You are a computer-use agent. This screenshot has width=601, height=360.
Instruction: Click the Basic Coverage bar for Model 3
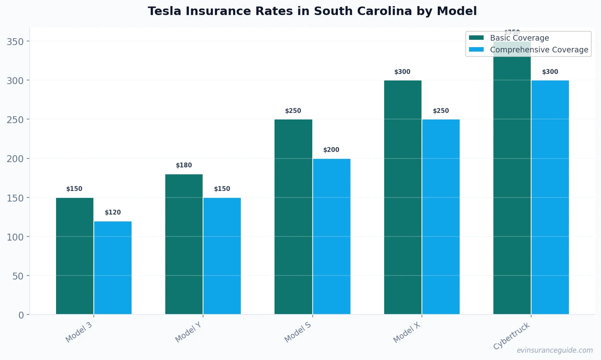(x=75, y=256)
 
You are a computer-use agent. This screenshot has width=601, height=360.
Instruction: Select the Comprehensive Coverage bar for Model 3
(x=113, y=268)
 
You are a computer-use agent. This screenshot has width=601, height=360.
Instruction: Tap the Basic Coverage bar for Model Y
(x=184, y=244)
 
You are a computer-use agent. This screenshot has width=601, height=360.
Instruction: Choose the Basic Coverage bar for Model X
(x=402, y=197)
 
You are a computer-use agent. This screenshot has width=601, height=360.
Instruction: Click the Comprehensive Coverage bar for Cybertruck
(x=550, y=197)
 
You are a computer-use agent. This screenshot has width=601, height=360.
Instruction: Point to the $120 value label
(x=113, y=213)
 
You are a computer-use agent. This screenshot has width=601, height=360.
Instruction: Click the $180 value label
(x=184, y=165)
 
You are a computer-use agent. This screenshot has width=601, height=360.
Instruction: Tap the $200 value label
(x=331, y=150)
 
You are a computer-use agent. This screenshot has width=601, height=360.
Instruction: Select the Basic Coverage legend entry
(x=519, y=38)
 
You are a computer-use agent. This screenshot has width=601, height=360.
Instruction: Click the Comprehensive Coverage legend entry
(x=539, y=50)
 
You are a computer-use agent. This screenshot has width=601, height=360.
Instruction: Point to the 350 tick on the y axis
(x=15, y=41)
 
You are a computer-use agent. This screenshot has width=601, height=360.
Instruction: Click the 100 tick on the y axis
(x=15, y=237)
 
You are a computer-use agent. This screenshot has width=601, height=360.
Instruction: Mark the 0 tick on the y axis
(x=21, y=315)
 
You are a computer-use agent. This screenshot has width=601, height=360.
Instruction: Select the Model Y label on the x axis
(x=188, y=332)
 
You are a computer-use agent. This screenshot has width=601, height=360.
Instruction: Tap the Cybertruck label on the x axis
(x=512, y=336)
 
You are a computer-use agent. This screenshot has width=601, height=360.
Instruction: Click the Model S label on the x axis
(x=298, y=332)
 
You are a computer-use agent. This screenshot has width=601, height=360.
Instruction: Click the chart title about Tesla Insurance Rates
(x=312, y=11)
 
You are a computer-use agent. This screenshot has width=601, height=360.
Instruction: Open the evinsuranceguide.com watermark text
(x=555, y=350)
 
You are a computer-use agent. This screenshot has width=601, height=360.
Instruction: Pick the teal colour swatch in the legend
(x=476, y=38)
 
